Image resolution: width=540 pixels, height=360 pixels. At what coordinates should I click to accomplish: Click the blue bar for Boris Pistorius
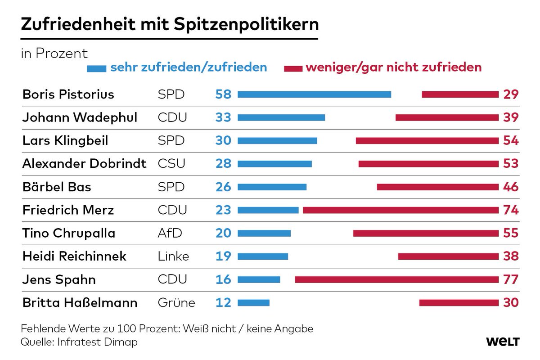[314, 94]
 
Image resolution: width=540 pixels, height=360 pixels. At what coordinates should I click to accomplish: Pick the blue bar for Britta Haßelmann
[253, 302]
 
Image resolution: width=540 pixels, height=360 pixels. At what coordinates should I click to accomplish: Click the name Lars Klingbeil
[65, 140]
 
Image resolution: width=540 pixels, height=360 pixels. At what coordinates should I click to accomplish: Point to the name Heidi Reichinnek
[74, 256]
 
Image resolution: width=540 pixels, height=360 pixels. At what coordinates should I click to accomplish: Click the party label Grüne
[176, 303]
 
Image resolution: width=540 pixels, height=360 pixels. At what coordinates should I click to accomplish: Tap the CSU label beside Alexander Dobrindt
[171, 163]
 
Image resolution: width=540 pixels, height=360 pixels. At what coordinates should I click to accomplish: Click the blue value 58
[223, 94]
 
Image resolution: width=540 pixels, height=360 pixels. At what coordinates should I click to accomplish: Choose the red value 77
[511, 279]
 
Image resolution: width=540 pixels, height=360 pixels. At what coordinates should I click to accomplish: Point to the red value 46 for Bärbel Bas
[511, 187]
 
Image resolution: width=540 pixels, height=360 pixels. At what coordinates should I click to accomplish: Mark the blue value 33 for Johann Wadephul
[223, 117]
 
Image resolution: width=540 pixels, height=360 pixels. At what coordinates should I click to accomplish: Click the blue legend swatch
[96, 68]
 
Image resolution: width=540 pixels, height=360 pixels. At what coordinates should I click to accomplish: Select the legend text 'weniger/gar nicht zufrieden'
[393, 68]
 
